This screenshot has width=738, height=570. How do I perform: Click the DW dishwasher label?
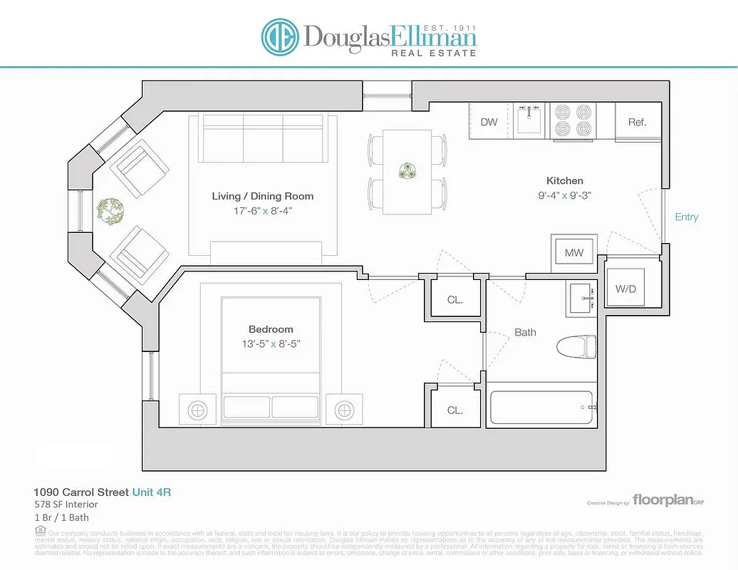[489, 122]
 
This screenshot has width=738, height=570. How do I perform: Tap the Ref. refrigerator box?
[637, 122]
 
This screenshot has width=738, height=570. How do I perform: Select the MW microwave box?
[574, 253]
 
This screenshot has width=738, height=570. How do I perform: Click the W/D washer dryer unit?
[626, 288]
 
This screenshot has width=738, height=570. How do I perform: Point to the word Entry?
[686, 217]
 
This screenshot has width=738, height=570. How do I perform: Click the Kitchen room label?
[564, 181]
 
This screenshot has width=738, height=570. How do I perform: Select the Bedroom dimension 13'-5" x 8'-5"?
[271, 343]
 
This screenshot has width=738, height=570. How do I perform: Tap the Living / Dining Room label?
[262, 196]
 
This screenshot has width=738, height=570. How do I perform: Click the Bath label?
[525, 332]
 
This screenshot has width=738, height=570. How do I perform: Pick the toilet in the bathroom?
[576, 346]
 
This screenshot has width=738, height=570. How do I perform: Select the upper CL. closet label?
[454, 300]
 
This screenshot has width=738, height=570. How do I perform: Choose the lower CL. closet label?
[454, 410]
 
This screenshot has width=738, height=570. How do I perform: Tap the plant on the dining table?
[407, 172]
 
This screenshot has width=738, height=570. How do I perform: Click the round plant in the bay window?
[110, 210]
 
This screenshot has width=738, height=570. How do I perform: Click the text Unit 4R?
[152, 492]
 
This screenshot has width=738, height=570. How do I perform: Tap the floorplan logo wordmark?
[662, 500]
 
